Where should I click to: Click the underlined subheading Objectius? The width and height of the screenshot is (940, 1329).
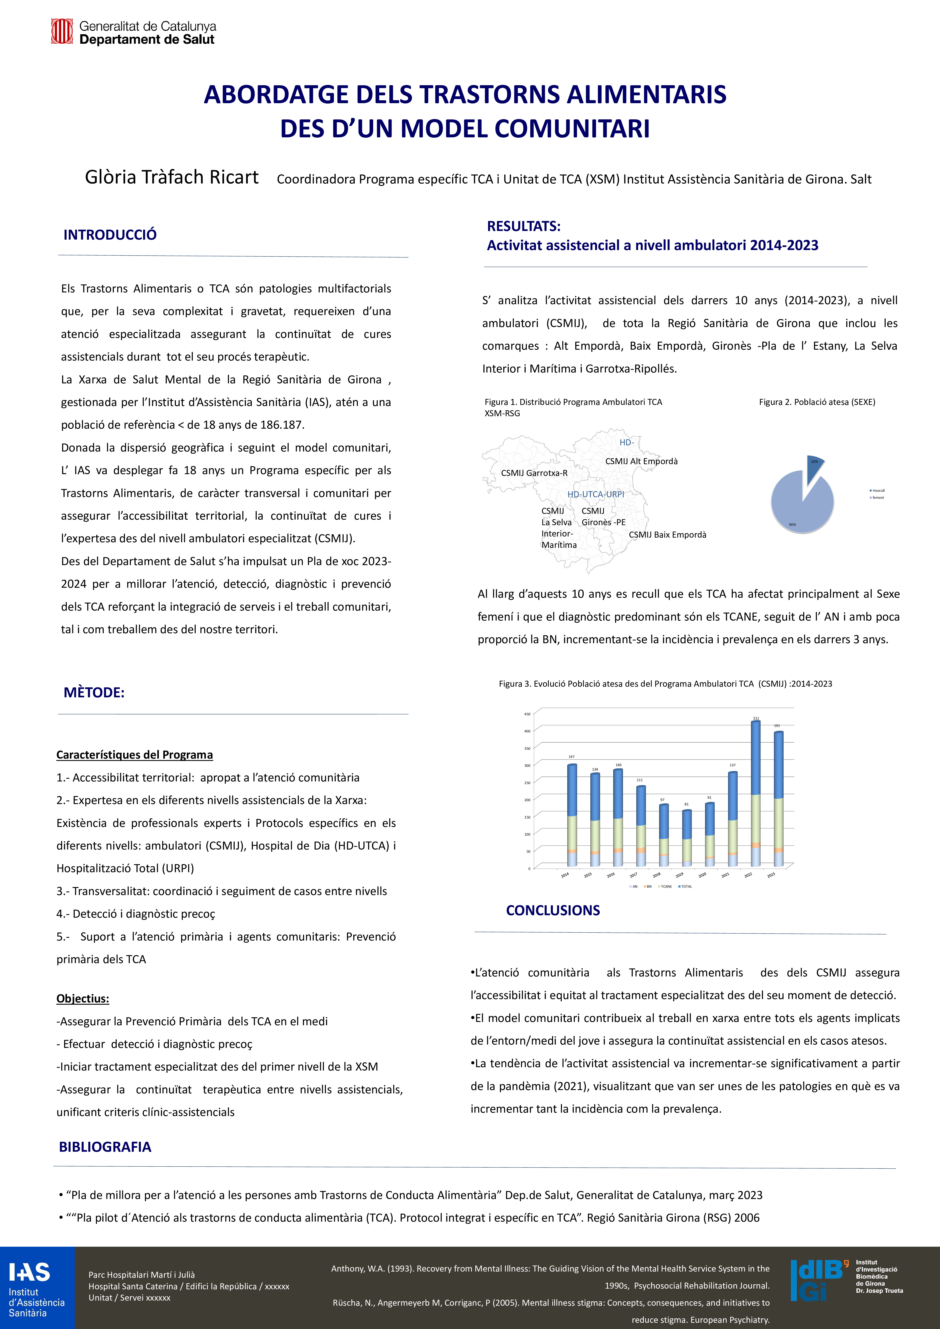coord(83,998)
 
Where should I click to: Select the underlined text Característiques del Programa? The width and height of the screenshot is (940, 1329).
coord(134,755)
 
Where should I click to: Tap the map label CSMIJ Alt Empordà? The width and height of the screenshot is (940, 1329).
coord(641,461)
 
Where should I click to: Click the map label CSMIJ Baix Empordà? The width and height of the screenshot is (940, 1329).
coord(667,535)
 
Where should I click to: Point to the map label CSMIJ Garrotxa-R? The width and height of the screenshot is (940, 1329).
coord(534,473)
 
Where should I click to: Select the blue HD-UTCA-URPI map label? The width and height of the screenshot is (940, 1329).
coord(596,494)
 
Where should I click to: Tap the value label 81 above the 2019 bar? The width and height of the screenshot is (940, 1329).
coord(686,804)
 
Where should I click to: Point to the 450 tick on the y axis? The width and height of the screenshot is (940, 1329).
coord(527,714)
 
